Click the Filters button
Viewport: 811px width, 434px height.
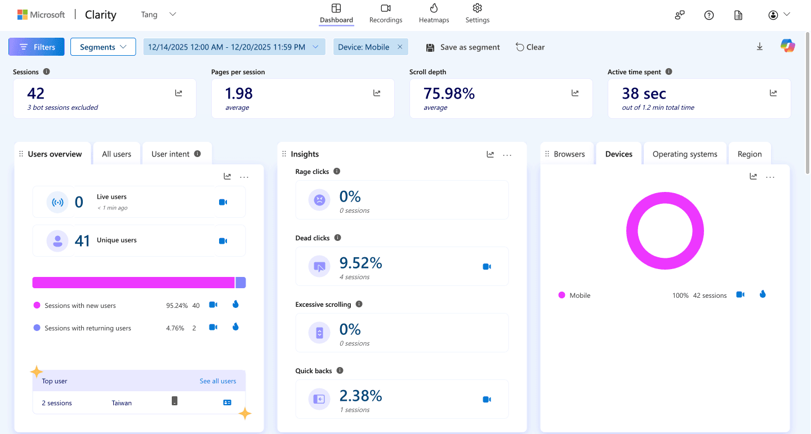37,47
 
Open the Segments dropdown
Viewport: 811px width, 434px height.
103,47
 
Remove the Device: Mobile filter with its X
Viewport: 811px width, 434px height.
400,47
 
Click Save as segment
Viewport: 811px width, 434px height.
463,47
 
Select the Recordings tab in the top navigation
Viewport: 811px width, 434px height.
386,14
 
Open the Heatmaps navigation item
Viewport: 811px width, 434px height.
434,14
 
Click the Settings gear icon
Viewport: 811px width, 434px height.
478,8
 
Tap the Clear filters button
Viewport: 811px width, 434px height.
530,47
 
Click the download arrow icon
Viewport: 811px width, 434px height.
760,47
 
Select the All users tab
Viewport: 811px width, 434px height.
117,154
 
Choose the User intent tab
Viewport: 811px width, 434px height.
176,154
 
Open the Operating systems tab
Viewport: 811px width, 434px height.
685,154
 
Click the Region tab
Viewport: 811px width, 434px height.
750,154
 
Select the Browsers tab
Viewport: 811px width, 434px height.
569,154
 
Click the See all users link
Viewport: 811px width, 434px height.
218,381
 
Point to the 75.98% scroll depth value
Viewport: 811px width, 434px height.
449,93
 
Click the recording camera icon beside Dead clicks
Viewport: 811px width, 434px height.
487,266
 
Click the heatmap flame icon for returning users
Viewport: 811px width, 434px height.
235,327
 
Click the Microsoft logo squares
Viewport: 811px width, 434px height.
23,15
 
